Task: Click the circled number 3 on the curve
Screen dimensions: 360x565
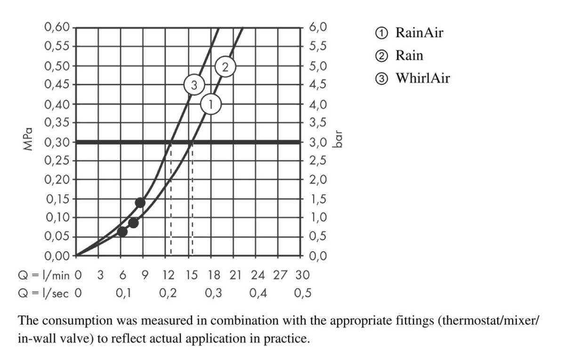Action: point(194,86)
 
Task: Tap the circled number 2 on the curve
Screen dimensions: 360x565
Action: point(225,67)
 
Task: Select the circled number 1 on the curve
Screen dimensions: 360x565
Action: point(211,104)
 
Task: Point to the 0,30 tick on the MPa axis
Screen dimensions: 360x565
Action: point(56,142)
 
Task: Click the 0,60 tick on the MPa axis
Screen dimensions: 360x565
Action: point(56,27)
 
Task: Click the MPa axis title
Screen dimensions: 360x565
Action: point(28,139)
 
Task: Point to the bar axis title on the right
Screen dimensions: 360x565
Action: point(337,140)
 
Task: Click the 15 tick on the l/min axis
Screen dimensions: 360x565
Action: point(191,275)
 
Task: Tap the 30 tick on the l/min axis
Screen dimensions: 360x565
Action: point(302,275)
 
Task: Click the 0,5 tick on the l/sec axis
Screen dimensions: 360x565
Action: point(303,293)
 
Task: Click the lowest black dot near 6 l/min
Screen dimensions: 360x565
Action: point(122,232)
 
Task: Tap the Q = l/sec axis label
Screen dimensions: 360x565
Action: point(43,293)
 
